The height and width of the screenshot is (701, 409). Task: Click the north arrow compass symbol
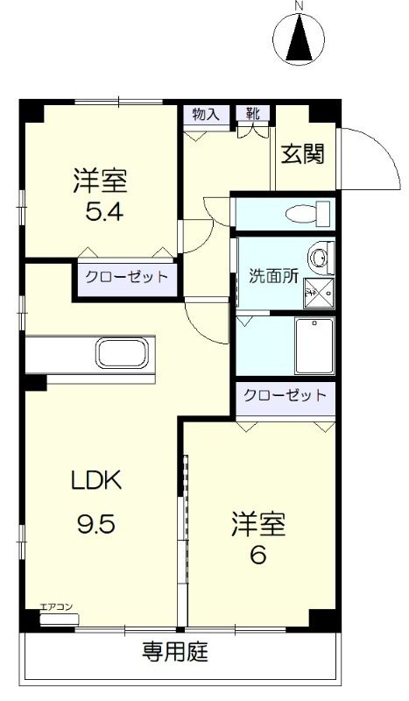pos(300,39)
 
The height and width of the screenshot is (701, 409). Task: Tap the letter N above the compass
pos(300,6)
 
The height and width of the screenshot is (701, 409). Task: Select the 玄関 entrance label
pos(303,154)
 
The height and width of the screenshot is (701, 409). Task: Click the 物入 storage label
pos(205,113)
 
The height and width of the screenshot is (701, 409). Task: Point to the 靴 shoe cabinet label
pos(252,113)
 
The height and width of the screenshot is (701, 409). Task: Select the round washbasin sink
pos(321,258)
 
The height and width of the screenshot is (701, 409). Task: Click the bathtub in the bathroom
pos(314,345)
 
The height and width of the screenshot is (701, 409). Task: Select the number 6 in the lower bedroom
pos(258,555)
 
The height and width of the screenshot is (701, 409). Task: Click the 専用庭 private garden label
pos(175,653)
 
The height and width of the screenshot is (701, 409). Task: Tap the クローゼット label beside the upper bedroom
pos(125,278)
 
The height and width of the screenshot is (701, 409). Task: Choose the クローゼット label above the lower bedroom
pos(286,395)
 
